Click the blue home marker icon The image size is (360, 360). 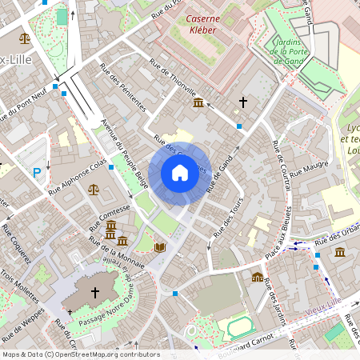(179, 172)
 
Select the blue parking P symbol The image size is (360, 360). (36, 172)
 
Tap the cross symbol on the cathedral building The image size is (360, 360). (96, 292)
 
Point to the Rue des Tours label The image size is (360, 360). (228, 216)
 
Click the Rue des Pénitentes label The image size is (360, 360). (123, 86)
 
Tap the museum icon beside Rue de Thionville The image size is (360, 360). (197, 103)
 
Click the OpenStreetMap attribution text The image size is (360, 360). (81, 354)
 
